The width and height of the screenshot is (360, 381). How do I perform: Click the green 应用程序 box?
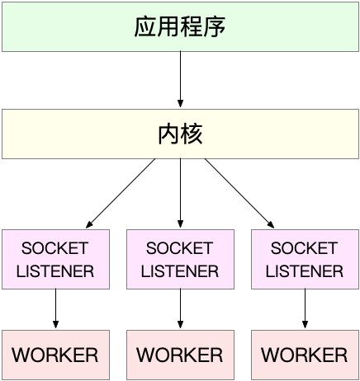(180, 26)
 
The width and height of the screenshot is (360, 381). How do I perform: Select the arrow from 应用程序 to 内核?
(180, 80)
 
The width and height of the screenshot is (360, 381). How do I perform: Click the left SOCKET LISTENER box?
(55, 259)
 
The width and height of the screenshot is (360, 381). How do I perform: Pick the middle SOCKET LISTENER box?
(180, 259)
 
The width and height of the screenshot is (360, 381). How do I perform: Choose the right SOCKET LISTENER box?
(305, 259)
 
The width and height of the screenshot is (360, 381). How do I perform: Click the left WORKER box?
(55, 355)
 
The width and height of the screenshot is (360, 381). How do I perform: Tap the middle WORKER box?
(180, 355)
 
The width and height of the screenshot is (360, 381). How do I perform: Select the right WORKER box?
(305, 355)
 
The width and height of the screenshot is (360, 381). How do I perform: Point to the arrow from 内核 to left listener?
(121, 193)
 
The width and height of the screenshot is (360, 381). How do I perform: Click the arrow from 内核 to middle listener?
(180, 193)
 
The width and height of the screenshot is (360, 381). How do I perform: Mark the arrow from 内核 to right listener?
(239, 193)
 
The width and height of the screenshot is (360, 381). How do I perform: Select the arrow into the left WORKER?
(55, 309)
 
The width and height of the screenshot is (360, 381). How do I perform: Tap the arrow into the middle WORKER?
(180, 309)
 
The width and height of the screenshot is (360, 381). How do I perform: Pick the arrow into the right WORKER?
(305, 309)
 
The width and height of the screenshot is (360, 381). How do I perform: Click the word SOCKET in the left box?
(55, 248)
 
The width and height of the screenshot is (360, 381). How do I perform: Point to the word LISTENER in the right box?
(305, 270)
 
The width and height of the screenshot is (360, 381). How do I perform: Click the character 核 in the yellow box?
(192, 134)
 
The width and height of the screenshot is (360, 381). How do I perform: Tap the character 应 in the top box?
(145, 26)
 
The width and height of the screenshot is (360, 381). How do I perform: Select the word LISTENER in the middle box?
(180, 270)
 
